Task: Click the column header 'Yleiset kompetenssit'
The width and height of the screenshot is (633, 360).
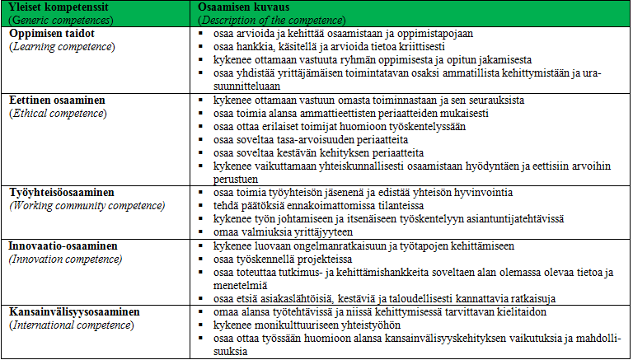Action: pos(54,7)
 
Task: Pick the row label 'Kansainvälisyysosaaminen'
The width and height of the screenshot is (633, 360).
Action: pos(75,312)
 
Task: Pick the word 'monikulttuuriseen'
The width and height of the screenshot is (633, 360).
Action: pos(293,325)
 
